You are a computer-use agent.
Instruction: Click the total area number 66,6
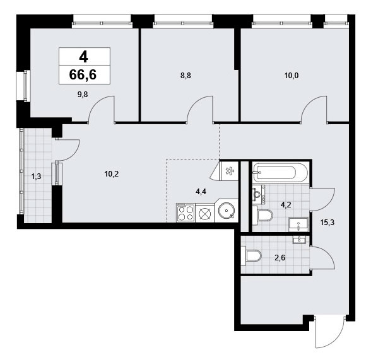click(x=83, y=74)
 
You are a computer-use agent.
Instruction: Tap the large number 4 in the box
click(x=83, y=57)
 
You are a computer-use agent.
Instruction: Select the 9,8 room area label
click(x=83, y=95)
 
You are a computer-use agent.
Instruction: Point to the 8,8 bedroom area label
click(x=186, y=76)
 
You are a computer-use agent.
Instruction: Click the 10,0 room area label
click(x=292, y=76)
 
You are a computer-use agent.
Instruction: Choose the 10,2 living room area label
click(x=112, y=174)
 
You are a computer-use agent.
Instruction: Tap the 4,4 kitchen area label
click(x=201, y=192)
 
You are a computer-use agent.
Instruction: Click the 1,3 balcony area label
click(x=36, y=177)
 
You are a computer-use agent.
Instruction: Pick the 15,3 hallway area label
click(x=327, y=223)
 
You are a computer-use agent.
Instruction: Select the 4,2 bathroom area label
click(x=286, y=205)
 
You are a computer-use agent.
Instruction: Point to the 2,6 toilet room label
click(x=280, y=258)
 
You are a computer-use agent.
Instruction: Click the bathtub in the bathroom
click(x=280, y=173)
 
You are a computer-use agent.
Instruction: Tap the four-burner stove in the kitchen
click(x=186, y=213)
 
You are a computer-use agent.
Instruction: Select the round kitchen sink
click(x=227, y=211)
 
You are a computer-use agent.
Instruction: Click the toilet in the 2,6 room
click(x=251, y=255)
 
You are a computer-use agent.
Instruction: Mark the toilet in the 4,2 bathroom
click(x=262, y=215)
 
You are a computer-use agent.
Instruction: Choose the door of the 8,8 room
click(x=200, y=108)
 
